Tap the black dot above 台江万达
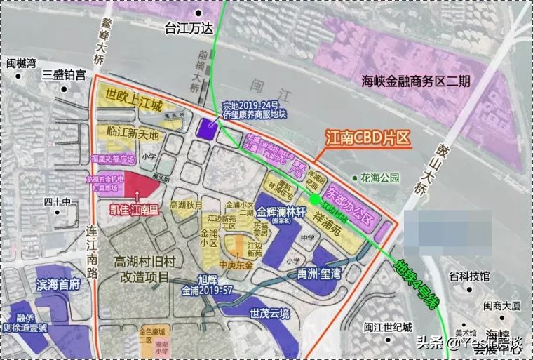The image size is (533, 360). [x=199, y=13]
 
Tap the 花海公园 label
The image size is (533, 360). [x=379, y=178]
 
